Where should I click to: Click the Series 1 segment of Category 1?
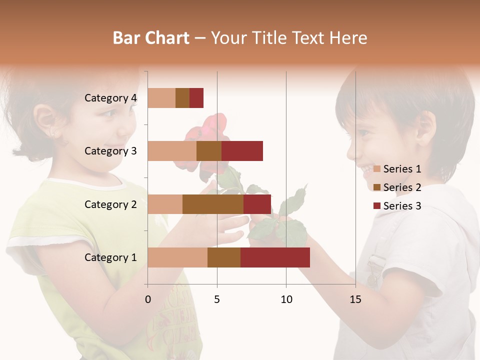click(x=177, y=257)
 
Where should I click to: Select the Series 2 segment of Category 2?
click(x=213, y=204)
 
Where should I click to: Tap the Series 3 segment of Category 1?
click(x=275, y=257)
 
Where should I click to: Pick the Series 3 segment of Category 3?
click(x=242, y=151)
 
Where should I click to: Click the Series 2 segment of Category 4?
click(x=182, y=98)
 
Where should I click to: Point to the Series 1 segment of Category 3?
click(x=172, y=151)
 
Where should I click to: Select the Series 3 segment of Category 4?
click(x=196, y=98)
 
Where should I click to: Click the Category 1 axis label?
click(x=110, y=257)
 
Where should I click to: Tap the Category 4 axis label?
click(x=110, y=98)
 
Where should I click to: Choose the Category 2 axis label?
click(x=110, y=204)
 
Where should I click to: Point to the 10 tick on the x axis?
click(x=286, y=299)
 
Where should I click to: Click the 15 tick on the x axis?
click(x=355, y=299)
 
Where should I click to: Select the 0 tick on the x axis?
click(x=148, y=299)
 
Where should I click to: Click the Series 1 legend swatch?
click(x=376, y=169)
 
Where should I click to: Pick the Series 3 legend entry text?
click(x=402, y=206)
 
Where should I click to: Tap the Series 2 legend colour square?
click(x=376, y=187)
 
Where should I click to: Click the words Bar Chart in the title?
click(x=151, y=37)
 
